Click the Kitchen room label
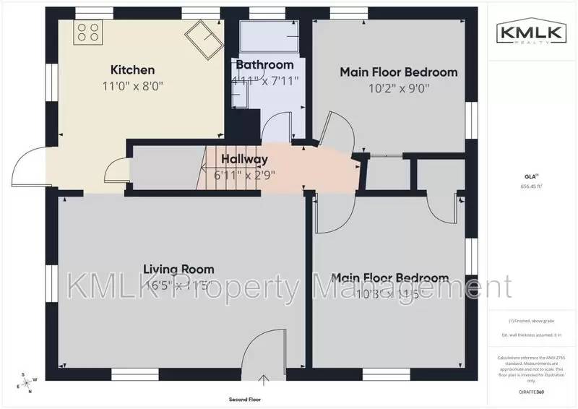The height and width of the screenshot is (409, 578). click(132, 70)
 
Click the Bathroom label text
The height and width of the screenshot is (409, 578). click(264, 66)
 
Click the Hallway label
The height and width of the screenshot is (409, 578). click(244, 159)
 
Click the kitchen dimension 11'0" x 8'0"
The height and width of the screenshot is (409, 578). click(132, 85)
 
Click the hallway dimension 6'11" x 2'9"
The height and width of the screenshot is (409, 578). click(245, 174)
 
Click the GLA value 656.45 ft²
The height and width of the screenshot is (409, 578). click(532, 186)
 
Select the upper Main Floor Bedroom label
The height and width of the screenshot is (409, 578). click(399, 72)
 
